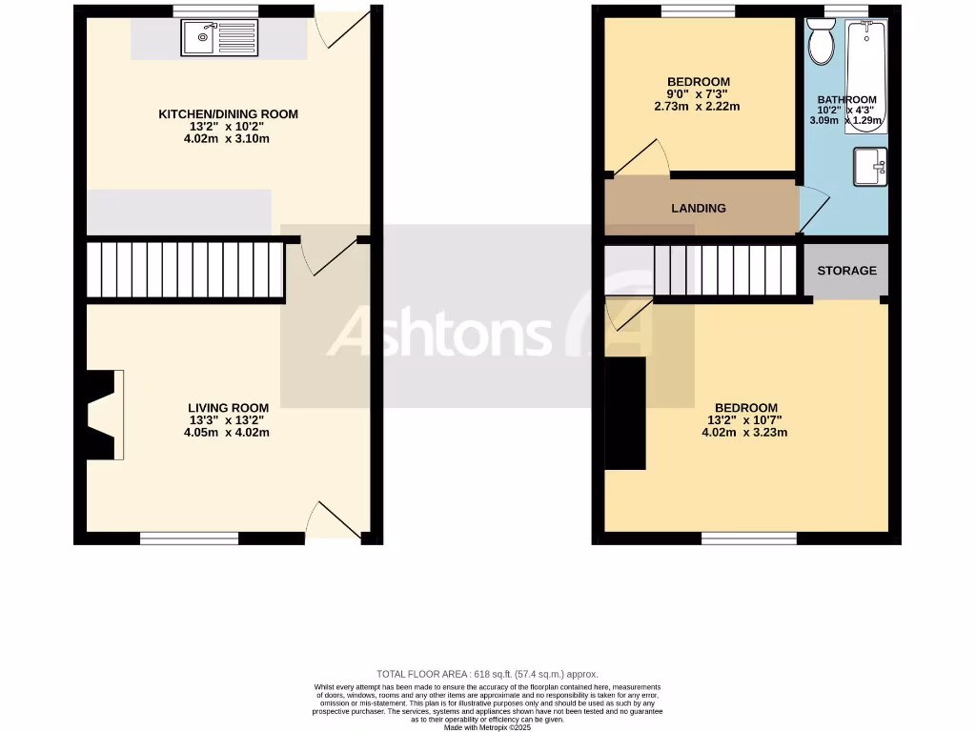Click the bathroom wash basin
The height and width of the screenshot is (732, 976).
pyautogui.click(x=871, y=167)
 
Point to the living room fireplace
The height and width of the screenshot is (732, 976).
pyautogui.click(x=101, y=415)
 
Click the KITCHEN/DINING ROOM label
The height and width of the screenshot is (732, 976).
pyautogui.click(x=228, y=114)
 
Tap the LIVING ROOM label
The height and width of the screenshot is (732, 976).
pyautogui.click(x=228, y=408)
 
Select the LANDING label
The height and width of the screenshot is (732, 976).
pyautogui.click(x=699, y=208)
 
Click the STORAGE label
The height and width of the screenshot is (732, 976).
pyautogui.click(x=846, y=271)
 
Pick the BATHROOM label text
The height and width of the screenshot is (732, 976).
pyautogui.click(x=847, y=100)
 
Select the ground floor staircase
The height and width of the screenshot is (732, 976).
pyautogui.click(x=185, y=271)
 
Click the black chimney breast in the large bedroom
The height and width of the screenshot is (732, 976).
pyautogui.click(x=624, y=413)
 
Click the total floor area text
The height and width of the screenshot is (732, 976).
pyautogui.click(x=487, y=674)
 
